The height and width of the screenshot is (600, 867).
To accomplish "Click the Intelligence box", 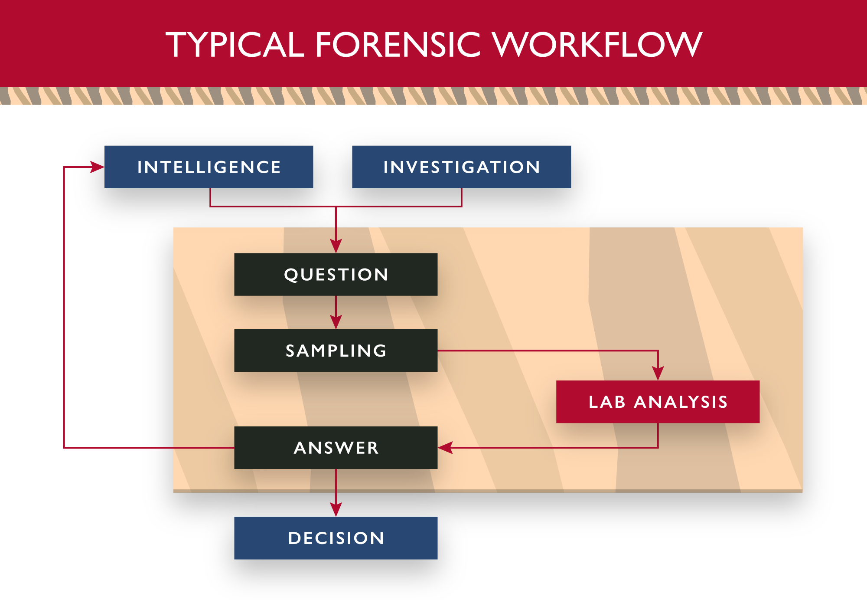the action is pyautogui.click(x=209, y=167).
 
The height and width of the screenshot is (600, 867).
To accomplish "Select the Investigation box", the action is pyautogui.click(x=461, y=167).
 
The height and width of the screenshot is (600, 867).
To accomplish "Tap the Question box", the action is pyautogui.click(x=336, y=274).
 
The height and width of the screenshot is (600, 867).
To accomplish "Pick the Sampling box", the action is pyautogui.click(x=336, y=351).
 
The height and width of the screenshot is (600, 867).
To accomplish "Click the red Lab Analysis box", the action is pyautogui.click(x=658, y=402).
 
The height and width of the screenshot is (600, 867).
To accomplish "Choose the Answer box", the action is pyautogui.click(x=336, y=448).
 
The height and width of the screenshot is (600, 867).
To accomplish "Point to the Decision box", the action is pyautogui.click(x=336, y=538).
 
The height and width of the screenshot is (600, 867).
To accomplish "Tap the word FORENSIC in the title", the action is pyautogui.click(x=398, y=44).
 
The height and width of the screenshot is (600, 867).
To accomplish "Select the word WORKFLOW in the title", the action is pyautogui.click(x=597, y=44).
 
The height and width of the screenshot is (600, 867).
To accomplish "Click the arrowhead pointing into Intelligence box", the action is pyautogui.click(x=97, y=167).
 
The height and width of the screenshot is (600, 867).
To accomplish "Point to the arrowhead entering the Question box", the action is pyautogui.click(x=336, y=246).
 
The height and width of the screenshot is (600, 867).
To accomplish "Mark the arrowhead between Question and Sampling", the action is pyautogui.click(x=336, y=322).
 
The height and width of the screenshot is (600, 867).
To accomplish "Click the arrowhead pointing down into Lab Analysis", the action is pyautogui.click(x=658, y=374).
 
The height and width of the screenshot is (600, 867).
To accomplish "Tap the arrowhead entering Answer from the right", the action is pyautogui.click(x=445, y=448).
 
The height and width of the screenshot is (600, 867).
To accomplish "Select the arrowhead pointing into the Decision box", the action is pyautogui.click(x=336, y=510).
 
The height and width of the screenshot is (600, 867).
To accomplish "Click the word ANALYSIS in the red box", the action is pyautogui.click(x=681, y=402).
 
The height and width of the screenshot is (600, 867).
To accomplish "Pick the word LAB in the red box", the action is pyautogui.click(x=607, y=402).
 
